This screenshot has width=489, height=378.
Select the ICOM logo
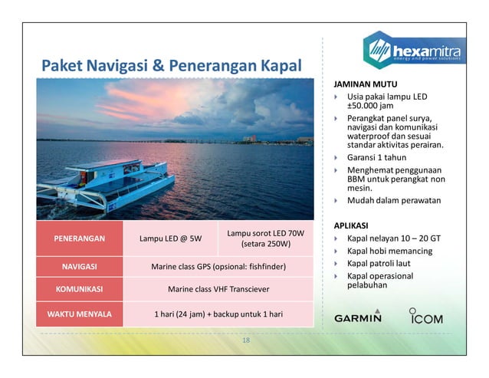(x=425, y=316)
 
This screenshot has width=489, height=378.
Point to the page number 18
(x=245, y=340)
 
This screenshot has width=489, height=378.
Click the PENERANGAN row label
(x=80, y=238)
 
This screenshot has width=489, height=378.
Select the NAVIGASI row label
(x=80, y=267)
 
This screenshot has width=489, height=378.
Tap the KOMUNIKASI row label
(x=80, y=290)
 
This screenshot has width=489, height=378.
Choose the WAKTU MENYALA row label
(x=80, y=314)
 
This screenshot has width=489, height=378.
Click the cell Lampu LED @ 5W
(x=170, y=238)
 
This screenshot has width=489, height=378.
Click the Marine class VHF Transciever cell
(x=218, y=290)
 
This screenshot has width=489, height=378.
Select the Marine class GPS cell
(x=218, y=267)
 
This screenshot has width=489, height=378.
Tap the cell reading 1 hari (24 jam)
(x=218, y=314)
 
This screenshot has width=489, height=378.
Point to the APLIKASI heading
(x=353, y=225)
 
